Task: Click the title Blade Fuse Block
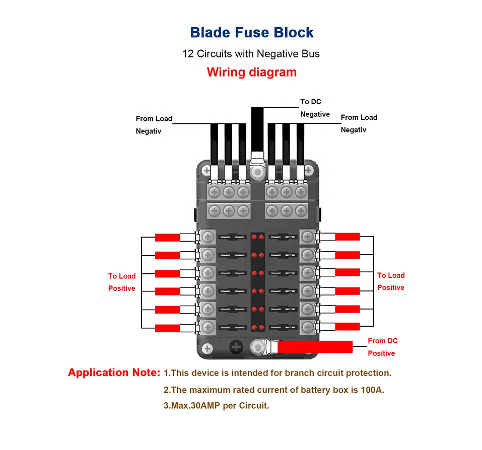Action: pyautogui.click(x=251, y=33)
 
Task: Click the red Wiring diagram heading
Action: pyautogui.click(x=251, y=72)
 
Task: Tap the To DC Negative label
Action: pyautogui.click(x=315, y=108)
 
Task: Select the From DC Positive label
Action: pyautogui.click(x=382, y=347)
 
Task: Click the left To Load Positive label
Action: pyautogui.click(x=121, y=282)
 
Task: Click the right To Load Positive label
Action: pyautogui.click(x=391, y=281)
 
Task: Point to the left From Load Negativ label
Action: pyautogui.click(x=154, y=125)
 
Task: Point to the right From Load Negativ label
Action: pyautogui.click(x=359, y=123)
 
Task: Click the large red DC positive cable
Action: pyautogui.click(x=315, y=347)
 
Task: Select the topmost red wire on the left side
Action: pyautogui.click(x=167, y=237)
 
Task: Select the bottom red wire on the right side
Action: pyautogui.click(x=348, y=326)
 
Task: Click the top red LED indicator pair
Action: pyautogui.click(x=258, y=237)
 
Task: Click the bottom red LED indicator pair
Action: pyautogui.click(x=258, y=327)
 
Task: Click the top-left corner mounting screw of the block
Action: pyautogui.click(x=206, y=171)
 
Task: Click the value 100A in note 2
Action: pyautogui.click(x=374, y=390)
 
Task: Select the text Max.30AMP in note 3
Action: pyautogui.click(x=193, y=406)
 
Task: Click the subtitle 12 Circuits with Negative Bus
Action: pyautogui.click(x=251, y=53)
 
